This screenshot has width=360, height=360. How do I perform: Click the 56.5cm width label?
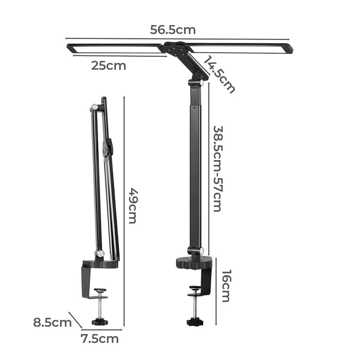click(x=172, y=30)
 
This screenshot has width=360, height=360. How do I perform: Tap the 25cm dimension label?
click(x=108, y=65)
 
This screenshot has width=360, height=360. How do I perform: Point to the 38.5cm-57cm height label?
click(x=217, y=168)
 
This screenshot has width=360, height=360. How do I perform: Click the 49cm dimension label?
click(x=132, y=205)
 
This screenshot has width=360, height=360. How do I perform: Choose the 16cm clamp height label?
click(x=225, y=286)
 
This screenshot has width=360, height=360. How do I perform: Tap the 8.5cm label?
click(x=52, y=323)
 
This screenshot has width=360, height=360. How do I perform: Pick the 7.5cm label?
click(x=99, y=339)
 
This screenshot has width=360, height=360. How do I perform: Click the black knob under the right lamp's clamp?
click(x=194, y=323)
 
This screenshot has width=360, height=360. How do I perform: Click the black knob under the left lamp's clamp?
click(x=100, y=322)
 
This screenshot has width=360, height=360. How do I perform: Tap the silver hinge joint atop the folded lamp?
click(x=94, y=108)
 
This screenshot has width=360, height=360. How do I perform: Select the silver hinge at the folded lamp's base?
click(x=100, y=254)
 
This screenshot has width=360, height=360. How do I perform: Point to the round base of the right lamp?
click(x=194, y=262)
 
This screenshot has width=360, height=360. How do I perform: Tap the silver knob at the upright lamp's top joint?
click(x=201, y=83)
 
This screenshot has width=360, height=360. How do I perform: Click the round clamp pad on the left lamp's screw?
click(x=100, y=290)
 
